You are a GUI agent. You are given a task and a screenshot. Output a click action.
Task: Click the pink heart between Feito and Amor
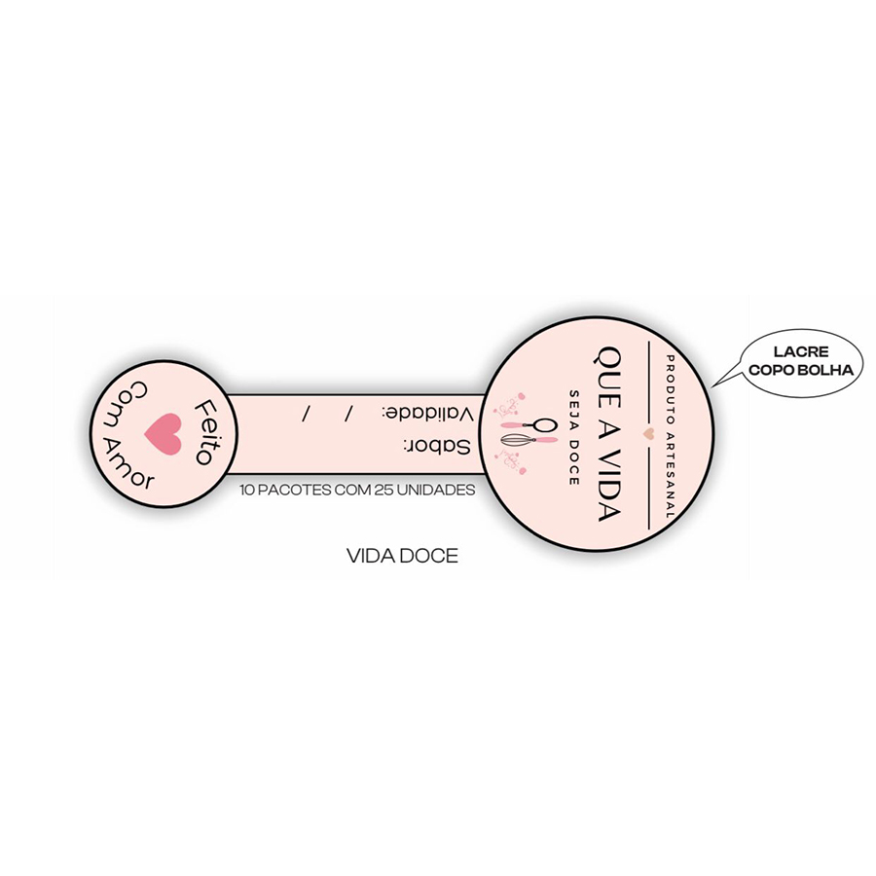tap(164, 433)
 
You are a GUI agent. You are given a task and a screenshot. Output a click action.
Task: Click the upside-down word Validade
tap(428, 414)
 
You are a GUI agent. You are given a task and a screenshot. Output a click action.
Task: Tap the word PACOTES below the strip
tap(294, 490)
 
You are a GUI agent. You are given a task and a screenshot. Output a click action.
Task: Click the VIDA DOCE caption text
tap(402, 556)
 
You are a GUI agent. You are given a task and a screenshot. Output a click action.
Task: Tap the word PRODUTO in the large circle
tap(671, 388)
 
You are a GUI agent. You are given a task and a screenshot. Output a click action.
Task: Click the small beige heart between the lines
tap(648, 432)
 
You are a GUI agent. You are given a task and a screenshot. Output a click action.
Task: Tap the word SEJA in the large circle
tap(573, 409)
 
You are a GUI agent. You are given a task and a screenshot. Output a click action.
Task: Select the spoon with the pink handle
tap(529, 425)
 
